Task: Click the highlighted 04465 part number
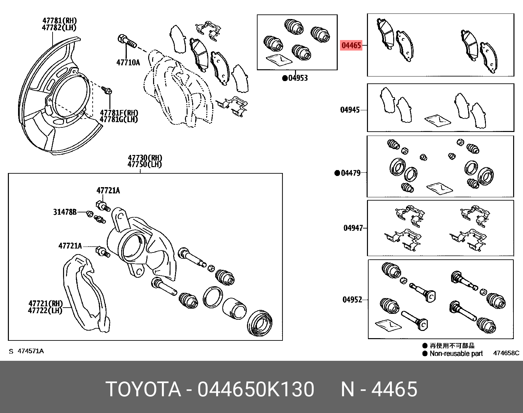pos(351,45)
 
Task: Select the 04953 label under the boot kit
pos(298,78)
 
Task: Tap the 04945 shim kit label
pos(350,110)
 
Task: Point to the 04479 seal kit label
pos(351,173)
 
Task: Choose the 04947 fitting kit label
pos(353,228)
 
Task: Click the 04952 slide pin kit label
pos(352,299)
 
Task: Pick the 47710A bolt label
pos(128,62)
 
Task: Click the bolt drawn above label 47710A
pos(126,41)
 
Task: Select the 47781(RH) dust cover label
pos(59,20)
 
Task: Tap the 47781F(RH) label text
pos(119,113)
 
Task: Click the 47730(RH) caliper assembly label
pos(145,158)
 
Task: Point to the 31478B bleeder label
pos(65,212)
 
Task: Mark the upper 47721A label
pos(108,190)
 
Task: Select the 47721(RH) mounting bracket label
pos(45,303)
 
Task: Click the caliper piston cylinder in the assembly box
pos(234,308)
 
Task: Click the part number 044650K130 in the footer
pos(256,389)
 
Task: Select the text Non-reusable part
pos(456,354)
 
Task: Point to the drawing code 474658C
pos(506,353)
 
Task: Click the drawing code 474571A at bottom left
pos(30,351)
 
